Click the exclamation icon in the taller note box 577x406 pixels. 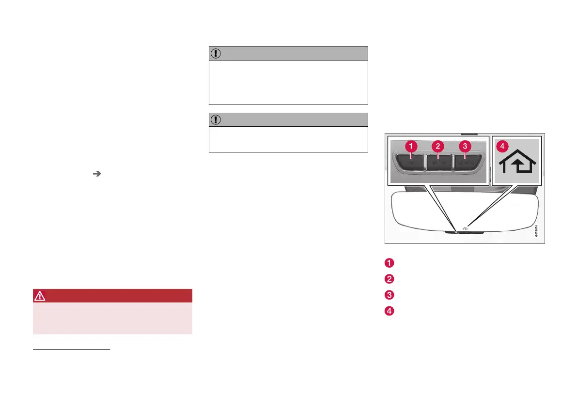(x=216, y=54)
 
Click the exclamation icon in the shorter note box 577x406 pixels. (x=216, y=120)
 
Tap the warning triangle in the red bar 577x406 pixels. (x=39, y=296)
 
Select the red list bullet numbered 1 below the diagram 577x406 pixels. (x=389, y=263)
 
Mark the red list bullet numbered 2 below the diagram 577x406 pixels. (x=389, y=279)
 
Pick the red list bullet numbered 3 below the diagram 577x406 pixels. (x=389, y=295)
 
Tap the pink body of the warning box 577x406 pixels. (x=112, y=318)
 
